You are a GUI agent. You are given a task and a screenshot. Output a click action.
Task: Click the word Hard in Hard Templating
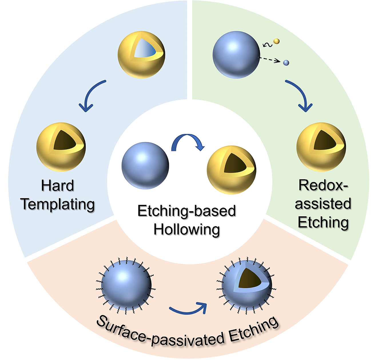[x=57, y=186]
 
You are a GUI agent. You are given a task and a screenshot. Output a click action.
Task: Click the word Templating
[x=58, y=204]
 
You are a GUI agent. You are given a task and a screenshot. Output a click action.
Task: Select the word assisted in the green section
[x=323, y=204]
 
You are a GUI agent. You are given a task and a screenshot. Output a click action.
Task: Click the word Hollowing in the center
[x=187, y=229]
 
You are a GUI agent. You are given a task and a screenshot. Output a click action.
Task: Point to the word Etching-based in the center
[x=187, y=211]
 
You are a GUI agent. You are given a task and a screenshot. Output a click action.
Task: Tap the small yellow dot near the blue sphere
[x=276, y=41]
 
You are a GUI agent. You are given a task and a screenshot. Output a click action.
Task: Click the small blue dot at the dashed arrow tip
[x=286, y=63]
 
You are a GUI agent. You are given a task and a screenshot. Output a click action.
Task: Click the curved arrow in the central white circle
[x=188, y=141]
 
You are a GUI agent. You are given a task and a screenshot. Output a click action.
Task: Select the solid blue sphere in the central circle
[x=145, y=165]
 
